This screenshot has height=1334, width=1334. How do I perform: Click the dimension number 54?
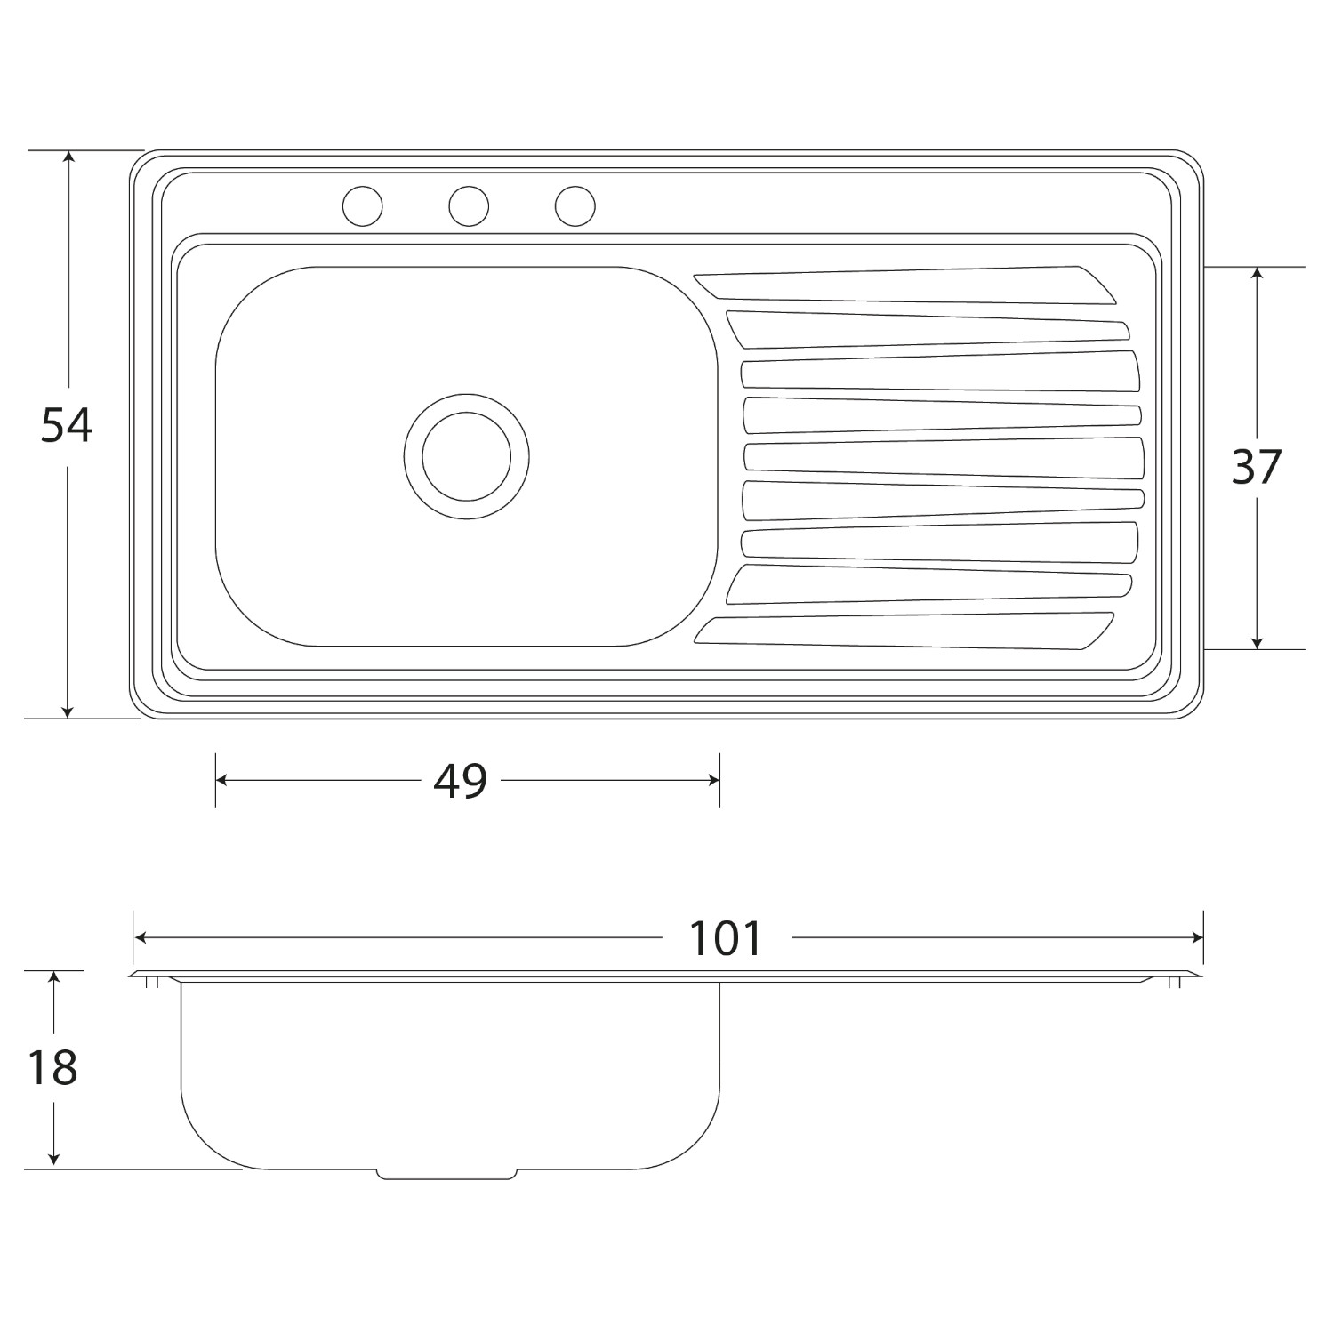[x=67, y=426]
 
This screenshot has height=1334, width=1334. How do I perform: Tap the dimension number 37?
[x=1256, y=466]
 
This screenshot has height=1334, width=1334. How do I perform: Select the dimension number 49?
[x=461, y=781]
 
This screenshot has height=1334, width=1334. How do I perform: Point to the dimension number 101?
[x=727, y=938]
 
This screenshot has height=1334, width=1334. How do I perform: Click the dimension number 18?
[x=52, y=1067]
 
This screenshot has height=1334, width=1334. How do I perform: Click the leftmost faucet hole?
[x=363, y=206]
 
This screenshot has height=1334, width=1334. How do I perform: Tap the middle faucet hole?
[x=469, y=206]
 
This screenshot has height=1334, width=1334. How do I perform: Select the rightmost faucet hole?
[x=575, y=206]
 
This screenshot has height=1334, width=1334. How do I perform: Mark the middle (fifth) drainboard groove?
[x=943, y=456]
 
